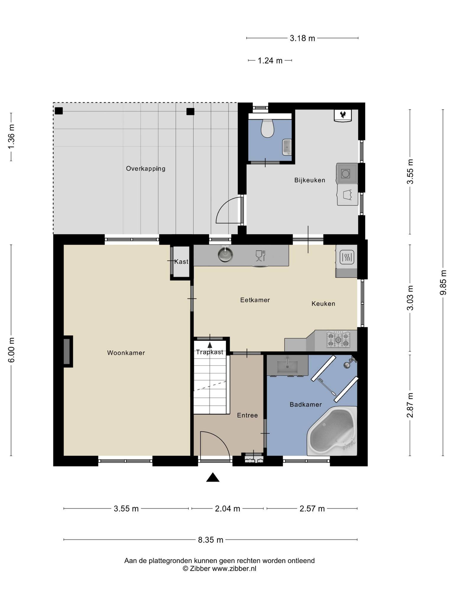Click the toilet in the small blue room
coord(267,128)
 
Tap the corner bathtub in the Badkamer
coord(332,431)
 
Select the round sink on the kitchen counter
coord(225,254)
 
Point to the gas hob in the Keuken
coord(338,339)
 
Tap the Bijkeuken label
coord(310,180)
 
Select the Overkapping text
coord(146,169)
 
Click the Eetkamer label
coord(255,300)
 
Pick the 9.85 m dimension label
coord(443,283)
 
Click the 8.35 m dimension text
coord(210,540)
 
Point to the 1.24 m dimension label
coord(270,61)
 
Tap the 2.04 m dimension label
coord(228,509)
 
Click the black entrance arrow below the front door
coord(213,478)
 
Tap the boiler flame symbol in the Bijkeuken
coord(343,115)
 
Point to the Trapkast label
coord(210,352)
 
